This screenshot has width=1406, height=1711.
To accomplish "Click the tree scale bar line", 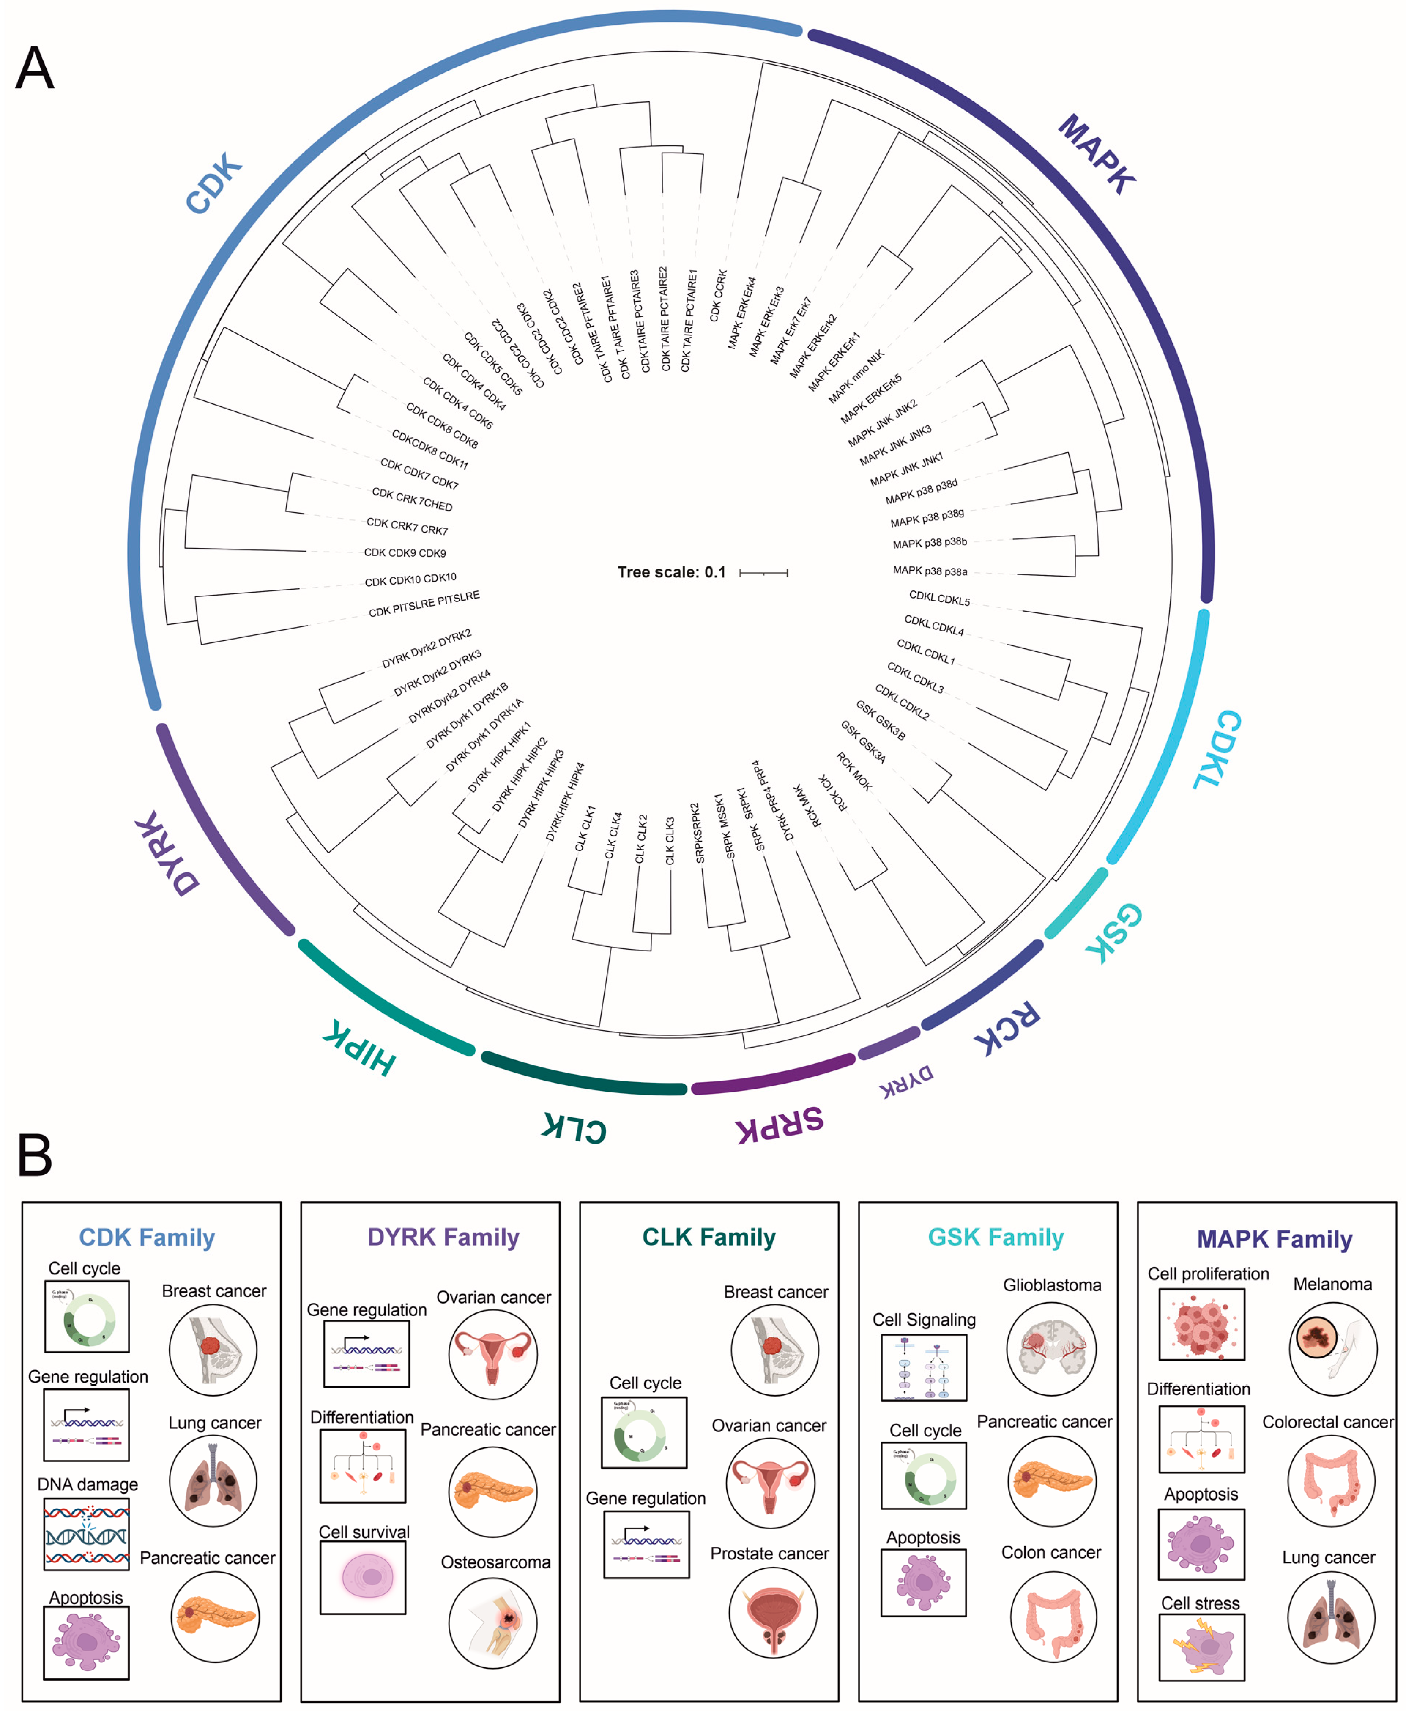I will pos(763,573).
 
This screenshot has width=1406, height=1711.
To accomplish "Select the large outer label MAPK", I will pos(1097,154).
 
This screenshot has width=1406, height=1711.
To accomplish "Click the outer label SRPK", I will pos(779,1124).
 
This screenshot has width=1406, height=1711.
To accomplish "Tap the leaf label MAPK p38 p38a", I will pos(930,571).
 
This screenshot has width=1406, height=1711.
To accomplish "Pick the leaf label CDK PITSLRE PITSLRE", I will pos(424,604).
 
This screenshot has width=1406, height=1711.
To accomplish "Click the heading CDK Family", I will pos(146,1237).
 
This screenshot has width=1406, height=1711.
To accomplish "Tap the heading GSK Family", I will pos(996,1237).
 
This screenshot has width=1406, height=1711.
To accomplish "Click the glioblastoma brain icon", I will pos(1051,1349).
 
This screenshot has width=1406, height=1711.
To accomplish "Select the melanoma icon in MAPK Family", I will pos(1332,1349).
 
